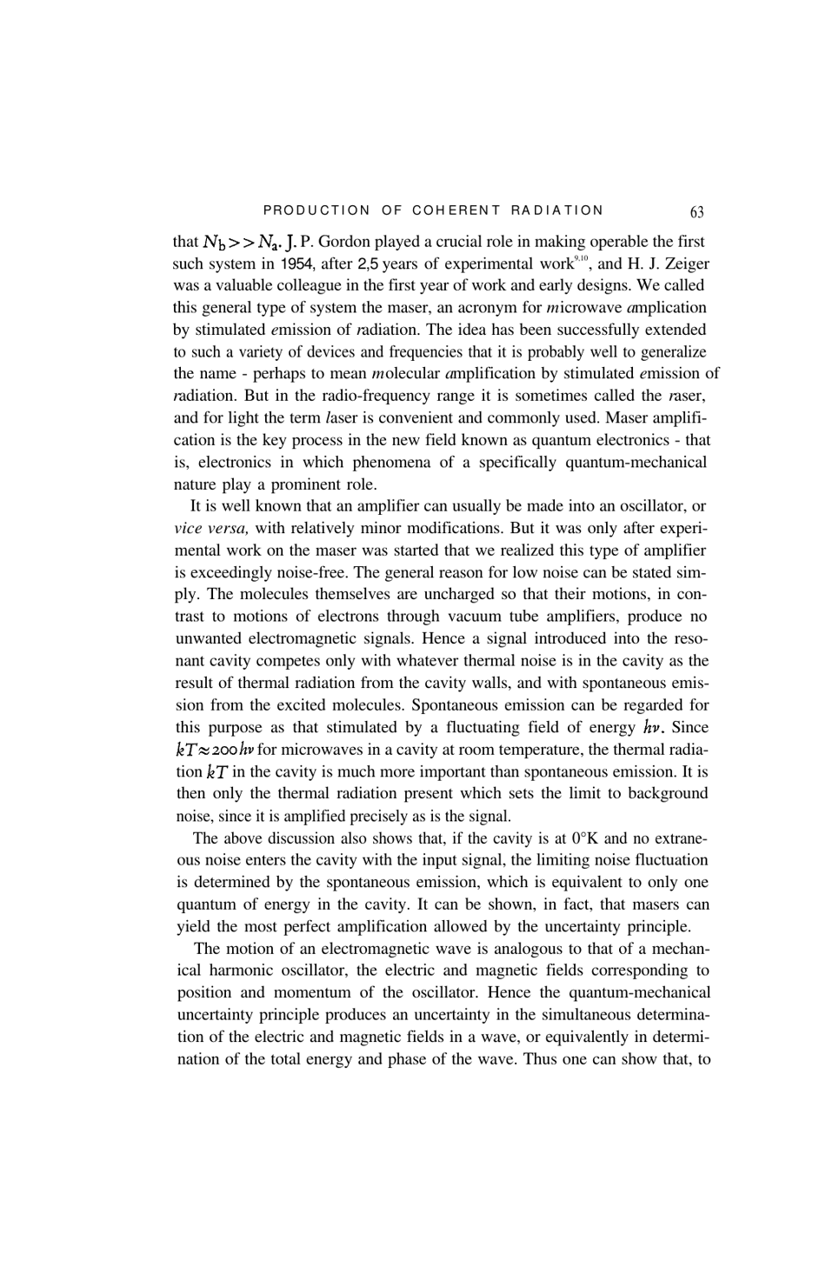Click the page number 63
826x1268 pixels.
point(696,211)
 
